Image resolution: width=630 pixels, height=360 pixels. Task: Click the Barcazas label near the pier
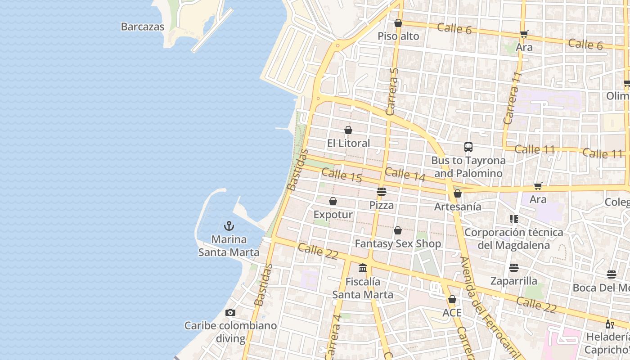[x=143, y=27]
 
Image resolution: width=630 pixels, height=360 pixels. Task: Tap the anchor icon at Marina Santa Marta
[x=229, y=225]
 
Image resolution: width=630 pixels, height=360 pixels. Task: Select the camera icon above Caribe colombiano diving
[x=230, y=312]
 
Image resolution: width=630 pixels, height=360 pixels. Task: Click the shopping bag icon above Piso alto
[x=398, y=23]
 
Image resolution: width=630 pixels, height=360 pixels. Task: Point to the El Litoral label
[x=348, y=143]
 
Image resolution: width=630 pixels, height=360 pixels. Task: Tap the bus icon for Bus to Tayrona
[x=468, y=147]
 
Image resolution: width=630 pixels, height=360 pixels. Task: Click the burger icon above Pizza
[x=382, y=192]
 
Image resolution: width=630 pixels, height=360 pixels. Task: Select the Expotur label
[x=333, y=214]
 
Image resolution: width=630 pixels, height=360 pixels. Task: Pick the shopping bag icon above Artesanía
[x=458, y=193]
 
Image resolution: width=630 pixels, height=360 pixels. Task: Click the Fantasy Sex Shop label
[x=398, y=243]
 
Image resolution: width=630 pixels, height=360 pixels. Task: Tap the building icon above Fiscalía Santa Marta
[x=363, y=268]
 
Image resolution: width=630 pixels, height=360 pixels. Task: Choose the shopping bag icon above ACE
[x=452, y=299]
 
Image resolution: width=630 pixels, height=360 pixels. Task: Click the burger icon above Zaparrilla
[x=514, y=268]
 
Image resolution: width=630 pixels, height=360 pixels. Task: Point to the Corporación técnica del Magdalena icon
[x=514, y=219]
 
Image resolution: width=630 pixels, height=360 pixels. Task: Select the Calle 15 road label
[x=342, y=175]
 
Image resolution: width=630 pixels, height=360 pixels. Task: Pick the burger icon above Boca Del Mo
[x=611, y=274]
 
